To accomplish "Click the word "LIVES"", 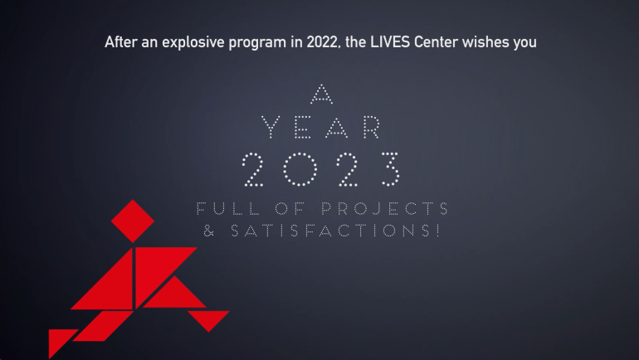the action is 390,42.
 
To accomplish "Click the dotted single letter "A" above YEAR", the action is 321,94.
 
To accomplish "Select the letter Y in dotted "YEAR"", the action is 271,127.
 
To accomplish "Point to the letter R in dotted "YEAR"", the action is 372,127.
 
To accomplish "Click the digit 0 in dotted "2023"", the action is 300,169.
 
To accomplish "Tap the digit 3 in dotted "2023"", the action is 390,169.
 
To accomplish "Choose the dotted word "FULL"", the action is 228,208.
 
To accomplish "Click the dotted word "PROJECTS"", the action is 385,208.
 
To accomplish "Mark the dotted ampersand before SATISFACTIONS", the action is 208,231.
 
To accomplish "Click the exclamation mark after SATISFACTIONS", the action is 437,231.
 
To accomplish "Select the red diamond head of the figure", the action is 133,221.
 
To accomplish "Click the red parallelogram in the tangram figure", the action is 103,326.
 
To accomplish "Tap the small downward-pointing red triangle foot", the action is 208,319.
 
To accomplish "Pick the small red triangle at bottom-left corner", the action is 59,339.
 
